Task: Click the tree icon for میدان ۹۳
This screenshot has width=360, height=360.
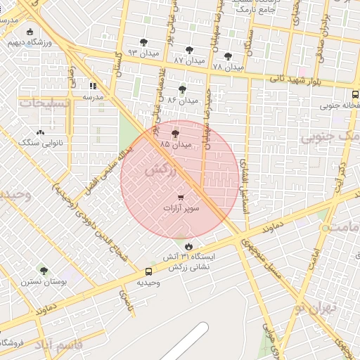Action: (x=144, y=43)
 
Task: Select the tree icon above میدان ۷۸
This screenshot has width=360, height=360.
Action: (x=227, y=56)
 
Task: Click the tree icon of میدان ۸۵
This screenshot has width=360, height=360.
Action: (x=175, y=134)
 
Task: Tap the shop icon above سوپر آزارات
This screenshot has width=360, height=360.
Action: (x=181, y=198)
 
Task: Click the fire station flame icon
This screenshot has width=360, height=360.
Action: (x=189, y=246)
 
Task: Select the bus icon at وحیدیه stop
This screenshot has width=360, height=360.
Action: (x=148, y=271)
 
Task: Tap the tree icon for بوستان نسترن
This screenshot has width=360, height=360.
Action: (x=44, y=271)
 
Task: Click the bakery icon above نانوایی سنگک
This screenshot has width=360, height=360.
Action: (x=40, y=132)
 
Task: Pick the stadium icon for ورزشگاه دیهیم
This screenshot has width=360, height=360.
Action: (x=30, y=32)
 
